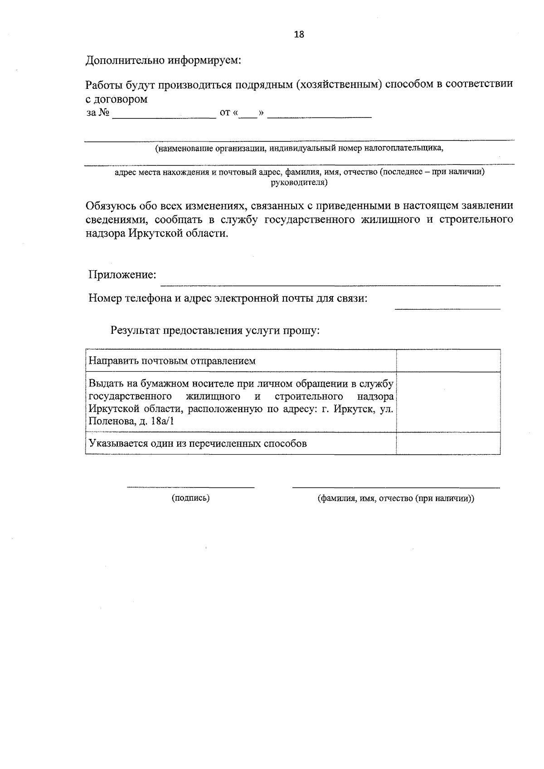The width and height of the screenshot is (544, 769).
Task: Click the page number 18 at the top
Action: (x=299, y=34)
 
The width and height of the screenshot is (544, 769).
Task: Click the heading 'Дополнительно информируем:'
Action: (x=163, y=60)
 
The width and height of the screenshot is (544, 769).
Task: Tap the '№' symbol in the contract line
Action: (x=104, y=113)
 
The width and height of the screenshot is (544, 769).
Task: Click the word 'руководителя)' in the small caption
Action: (x=299, y=183)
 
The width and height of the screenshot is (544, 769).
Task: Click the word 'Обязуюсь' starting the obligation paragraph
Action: (x=108, y=206)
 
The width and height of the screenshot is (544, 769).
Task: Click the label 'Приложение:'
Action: (x=122, y=275)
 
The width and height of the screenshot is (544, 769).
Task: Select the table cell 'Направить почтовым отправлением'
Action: (x=172, y=361)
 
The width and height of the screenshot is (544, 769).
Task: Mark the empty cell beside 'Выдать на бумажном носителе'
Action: (x=448, y=402)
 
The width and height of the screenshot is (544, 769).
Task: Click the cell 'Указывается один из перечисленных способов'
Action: (x=198, y=443)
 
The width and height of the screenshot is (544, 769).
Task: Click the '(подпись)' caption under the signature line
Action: (x=190, y=498)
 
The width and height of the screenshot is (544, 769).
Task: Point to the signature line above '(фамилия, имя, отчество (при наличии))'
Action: (x=396, y=487)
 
